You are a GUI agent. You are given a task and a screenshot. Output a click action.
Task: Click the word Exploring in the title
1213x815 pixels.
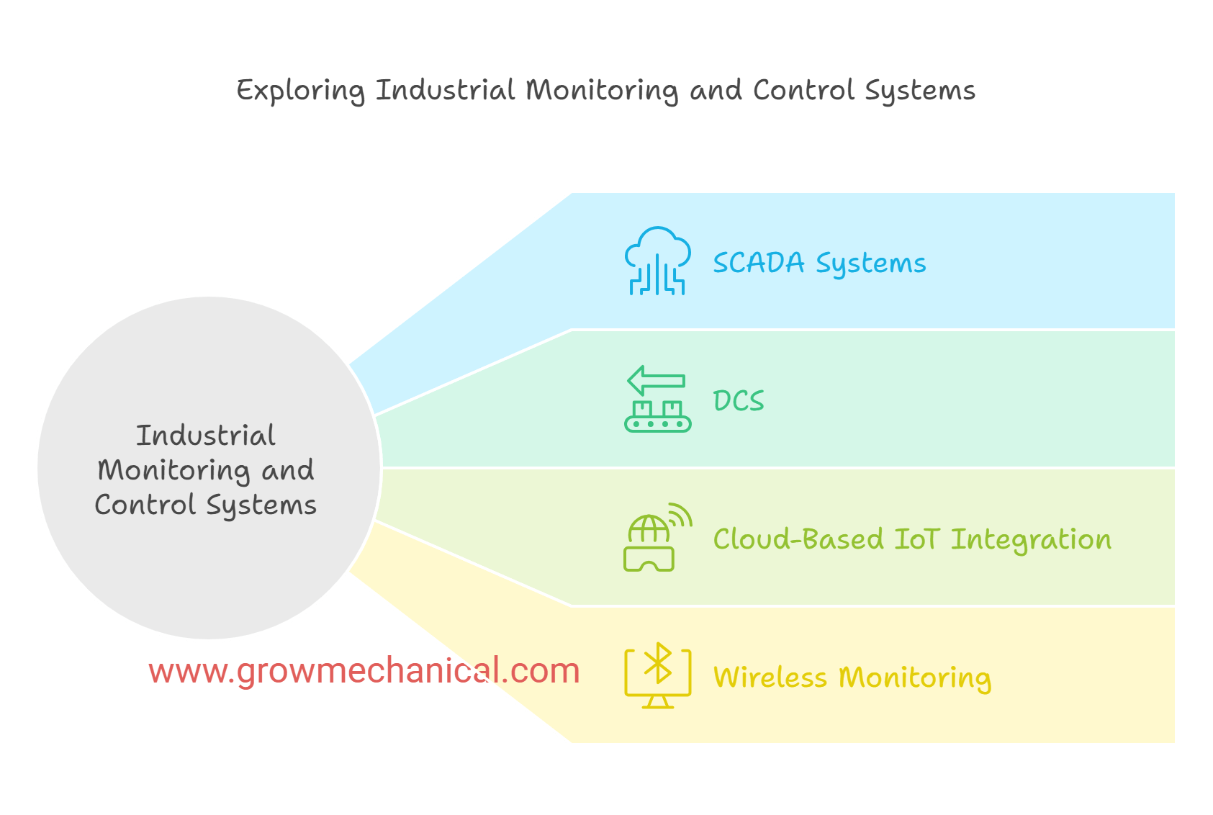pos(301,91)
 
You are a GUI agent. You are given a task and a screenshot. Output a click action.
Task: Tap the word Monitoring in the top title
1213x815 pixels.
pos(601,91)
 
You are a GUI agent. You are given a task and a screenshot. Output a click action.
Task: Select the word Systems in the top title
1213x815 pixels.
pos(919,91)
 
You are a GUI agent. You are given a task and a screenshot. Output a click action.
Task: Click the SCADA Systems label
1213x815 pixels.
pos(819,263)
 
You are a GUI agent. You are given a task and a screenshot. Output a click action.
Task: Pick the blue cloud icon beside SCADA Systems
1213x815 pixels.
pos(657,261)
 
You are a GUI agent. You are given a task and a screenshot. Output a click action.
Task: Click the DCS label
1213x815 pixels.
pos(739,401)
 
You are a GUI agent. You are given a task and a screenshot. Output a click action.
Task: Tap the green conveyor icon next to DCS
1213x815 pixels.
pos(657,415)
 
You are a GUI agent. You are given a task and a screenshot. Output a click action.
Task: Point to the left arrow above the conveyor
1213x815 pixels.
pos(656,380)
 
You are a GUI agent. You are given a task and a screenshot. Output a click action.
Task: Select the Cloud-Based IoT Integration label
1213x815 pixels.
pos(912,539)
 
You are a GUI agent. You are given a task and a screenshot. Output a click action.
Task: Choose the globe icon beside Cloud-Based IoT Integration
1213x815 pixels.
pos(649,530)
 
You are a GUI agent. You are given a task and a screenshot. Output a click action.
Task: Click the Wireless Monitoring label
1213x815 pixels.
pos(852,677)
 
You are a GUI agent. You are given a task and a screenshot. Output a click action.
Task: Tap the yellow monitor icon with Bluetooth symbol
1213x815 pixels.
pos(657,677)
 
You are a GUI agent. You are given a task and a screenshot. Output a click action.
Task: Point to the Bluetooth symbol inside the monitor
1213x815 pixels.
pos(658,663)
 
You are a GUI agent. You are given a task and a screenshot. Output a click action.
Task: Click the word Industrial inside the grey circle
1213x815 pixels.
pos(206,436)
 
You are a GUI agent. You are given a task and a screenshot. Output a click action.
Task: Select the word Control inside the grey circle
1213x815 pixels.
pos(145,505)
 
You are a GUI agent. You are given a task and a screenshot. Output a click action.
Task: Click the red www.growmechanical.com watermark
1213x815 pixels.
pos(364,671)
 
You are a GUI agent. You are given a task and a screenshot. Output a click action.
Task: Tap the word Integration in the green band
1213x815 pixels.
pos(1031,539)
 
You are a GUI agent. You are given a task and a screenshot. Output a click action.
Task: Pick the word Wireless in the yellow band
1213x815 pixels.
pos(770,677)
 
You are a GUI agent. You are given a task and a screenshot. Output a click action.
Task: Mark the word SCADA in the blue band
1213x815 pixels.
pos(758,263)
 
